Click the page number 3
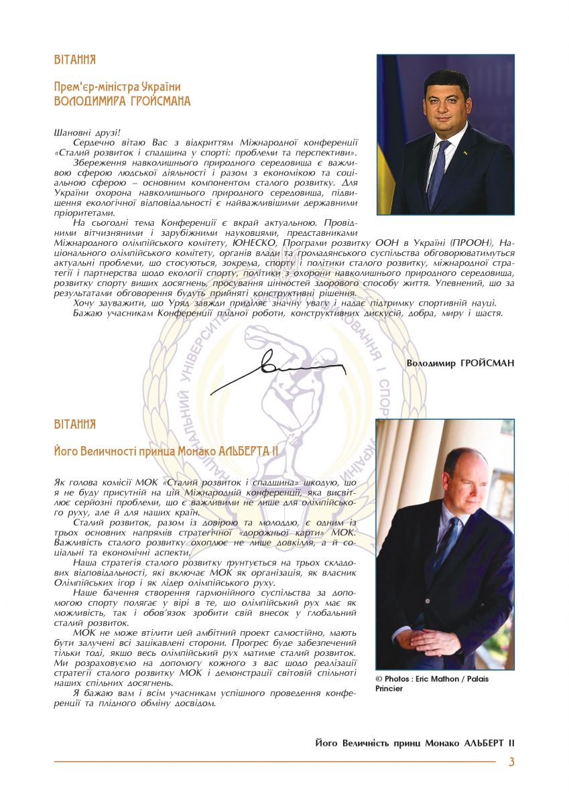pos(511,762)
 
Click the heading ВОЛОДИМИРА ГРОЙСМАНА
pos(123,101)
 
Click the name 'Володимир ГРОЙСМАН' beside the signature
pos(460,363)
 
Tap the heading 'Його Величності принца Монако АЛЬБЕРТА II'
pos(166,451)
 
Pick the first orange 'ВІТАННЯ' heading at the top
pos(75,60)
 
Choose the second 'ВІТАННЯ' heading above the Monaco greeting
pos(75,425)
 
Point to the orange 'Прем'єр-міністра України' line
pos(117,87)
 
